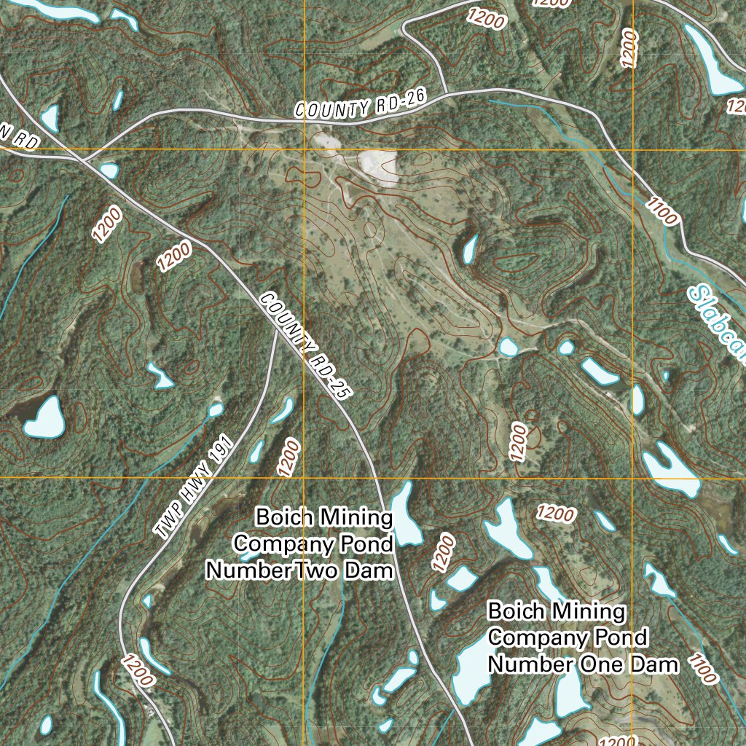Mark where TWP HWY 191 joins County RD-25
(x=276, y=327)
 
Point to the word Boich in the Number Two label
(x=283, y=518)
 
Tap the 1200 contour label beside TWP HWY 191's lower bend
(x=136, y=671)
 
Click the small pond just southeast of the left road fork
(x=109, y=170)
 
